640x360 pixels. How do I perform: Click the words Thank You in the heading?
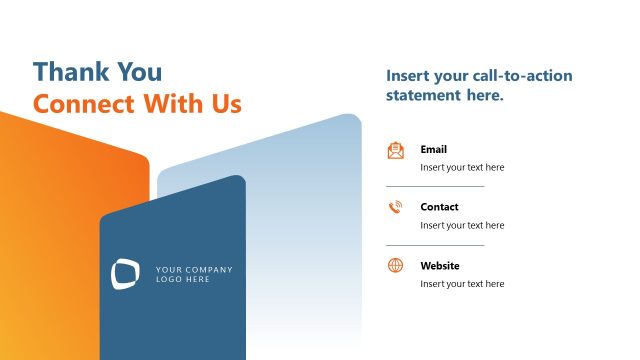coord(97,72)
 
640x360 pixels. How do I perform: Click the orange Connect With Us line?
coord(137,104)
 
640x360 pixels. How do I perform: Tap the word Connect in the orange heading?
coord(84,104)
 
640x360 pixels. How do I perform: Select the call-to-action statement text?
coord(479,86)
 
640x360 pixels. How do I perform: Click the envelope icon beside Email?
coord(396,150)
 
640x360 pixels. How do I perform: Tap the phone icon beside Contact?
coord(396,207)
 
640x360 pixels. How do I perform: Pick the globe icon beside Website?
coord(396,265)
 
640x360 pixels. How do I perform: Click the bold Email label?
coord(434,149)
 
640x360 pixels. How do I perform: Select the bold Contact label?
coord(440,207)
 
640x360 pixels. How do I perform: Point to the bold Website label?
coord(440,266)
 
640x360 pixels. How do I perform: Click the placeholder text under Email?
coord(462,168)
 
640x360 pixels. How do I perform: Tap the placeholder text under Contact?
coord(462,226)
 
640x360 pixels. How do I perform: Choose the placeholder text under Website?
coord(462,284)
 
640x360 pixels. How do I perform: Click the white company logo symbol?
coord(126,274)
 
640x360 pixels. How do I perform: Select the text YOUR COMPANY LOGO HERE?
coord(194,274)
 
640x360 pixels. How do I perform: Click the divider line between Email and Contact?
coord(435,186)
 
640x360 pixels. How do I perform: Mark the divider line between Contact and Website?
coord(435,245)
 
